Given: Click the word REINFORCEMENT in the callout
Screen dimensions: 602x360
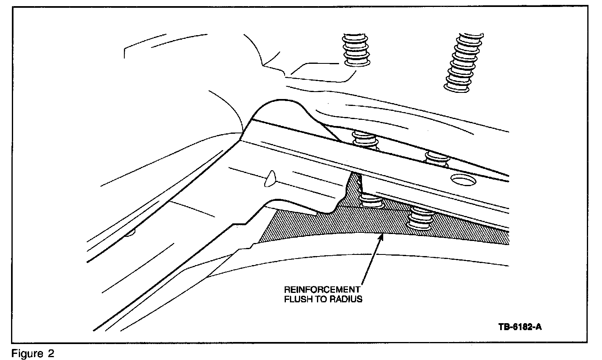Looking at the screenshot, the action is coord(322,290).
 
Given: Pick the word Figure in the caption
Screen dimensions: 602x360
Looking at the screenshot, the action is coord(25,353).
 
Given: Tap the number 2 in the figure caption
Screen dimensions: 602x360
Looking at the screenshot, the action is coord(51,353).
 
